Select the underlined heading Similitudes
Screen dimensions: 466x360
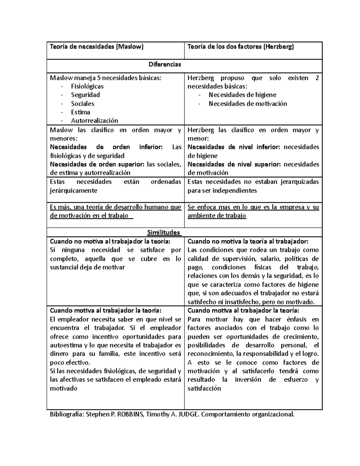pyautogui.click(x=163, y=232)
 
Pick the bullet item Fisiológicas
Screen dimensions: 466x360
pyautogui.click(x=87, y=86)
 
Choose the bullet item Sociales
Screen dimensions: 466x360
pyautogui.click(x=82, y=104)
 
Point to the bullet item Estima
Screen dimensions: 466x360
pyautogui.click(x=80, y=112)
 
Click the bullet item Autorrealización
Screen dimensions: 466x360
pyautogui.click(x=94, y=121)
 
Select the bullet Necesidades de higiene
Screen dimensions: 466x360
pyautogui.click(x=242, y=95)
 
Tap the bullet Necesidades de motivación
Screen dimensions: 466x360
pyautogui.click(x=248, y=104)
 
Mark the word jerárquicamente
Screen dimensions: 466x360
pyautogui.click(x=73, y=191)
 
